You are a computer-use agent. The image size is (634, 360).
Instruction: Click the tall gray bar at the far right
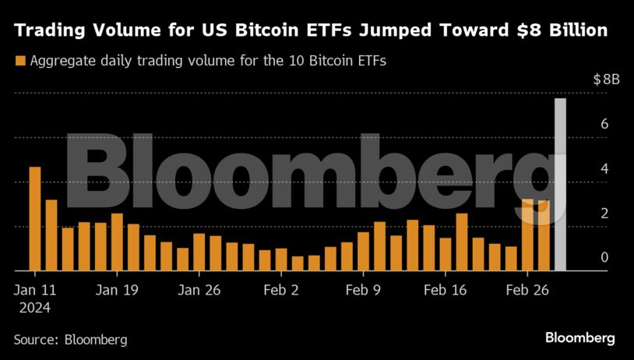point(560,185)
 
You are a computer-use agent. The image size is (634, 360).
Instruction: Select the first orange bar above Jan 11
point(34,219)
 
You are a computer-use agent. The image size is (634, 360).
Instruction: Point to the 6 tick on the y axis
point(604,124)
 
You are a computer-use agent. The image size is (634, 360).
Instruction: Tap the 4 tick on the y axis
point(604,168)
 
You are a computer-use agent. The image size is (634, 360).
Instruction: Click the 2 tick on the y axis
point(604,214)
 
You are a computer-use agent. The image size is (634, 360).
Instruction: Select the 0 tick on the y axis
point(604,258)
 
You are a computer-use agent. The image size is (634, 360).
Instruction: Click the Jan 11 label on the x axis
point(34,290)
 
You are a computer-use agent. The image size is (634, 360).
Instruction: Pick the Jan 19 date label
point(117,290)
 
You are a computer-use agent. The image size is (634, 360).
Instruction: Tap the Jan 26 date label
point(199,290)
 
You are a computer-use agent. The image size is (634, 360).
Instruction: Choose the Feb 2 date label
point(281,290)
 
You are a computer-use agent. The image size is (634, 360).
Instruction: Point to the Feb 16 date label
point(445,290)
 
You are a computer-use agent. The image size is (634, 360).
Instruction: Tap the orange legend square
point(19,60)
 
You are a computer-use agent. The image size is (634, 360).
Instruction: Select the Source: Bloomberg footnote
point(70,340)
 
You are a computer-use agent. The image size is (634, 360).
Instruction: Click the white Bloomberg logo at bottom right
point(579,338)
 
